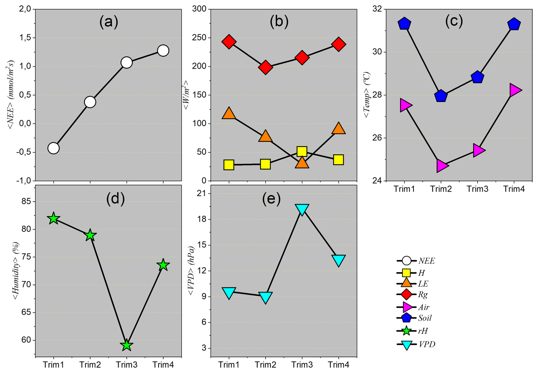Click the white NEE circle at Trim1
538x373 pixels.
(x=53, y=148)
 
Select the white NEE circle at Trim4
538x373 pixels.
(x=163, y=51)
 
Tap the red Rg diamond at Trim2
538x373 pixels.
(x=265, y=67)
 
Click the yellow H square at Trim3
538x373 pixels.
(x=302, y=151)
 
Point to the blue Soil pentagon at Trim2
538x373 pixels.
(x=441, y=96)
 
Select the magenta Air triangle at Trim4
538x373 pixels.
(x=515, y=90)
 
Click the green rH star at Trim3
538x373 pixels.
(x=127, y=345)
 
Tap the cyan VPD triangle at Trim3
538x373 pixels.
(x=302, y=209)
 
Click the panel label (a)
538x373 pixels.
(x=109, y=22)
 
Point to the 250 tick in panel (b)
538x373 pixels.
(x=199, y=38)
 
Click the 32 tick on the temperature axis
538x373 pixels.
(x=377, y=9)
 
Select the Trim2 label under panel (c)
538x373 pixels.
(x=441, y=189)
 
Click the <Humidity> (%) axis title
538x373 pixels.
(x=16, y=271)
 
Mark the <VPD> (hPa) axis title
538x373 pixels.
(x=191, y=271)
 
